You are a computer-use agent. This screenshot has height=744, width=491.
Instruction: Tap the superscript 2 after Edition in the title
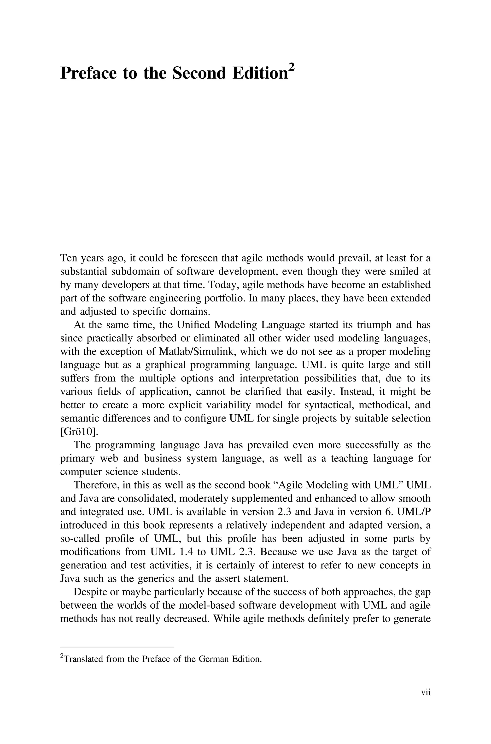pos(291,67)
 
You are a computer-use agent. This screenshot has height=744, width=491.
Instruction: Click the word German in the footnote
pos(214,659)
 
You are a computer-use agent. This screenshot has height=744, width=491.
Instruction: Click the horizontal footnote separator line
pos(117,647)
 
